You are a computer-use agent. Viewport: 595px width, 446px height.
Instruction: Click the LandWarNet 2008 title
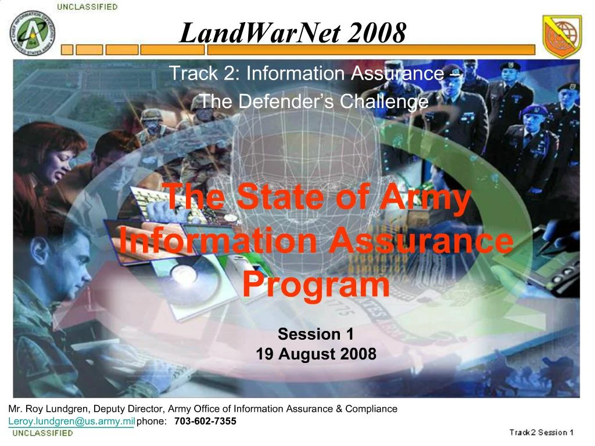[x=293, y=33]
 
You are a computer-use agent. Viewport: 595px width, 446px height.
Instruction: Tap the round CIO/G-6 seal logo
[x=33, y=33]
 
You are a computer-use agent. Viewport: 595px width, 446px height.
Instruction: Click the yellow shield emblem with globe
[x=562, y=36]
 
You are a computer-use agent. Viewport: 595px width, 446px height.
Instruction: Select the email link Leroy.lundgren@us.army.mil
[x=71, y=421]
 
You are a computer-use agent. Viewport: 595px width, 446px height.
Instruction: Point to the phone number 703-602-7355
[x=205, y=421]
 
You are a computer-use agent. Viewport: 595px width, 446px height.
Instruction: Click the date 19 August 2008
[x=316, y=354]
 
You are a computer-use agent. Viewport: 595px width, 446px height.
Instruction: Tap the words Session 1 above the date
[x=316, y=334]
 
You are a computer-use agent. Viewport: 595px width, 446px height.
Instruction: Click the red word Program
[x=316, y=286]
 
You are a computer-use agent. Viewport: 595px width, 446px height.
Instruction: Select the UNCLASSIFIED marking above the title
[x=87, y=7]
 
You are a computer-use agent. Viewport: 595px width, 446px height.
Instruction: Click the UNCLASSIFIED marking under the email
[x=42, y=433]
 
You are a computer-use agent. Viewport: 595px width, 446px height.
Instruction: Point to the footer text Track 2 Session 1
[x=541, y=432]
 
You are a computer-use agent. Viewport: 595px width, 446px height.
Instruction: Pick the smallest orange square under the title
[x=67, y=50]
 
